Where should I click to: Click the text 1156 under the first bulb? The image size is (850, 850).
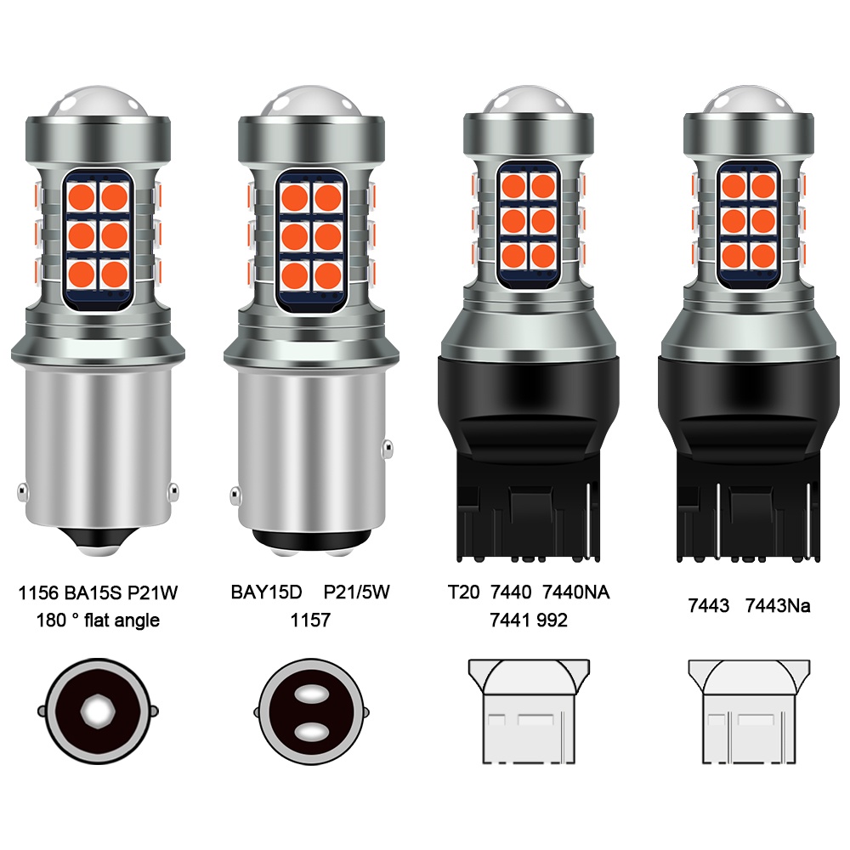(38, 593)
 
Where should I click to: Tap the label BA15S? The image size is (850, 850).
(93, 593)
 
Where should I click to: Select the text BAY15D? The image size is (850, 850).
(266, 592)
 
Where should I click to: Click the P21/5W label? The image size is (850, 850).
(356, 592)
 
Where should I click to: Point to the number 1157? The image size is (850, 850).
(310, 620)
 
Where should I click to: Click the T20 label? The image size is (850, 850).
(464, 592)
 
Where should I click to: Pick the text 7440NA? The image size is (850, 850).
(575, 592)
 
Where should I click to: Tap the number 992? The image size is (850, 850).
(552, 620)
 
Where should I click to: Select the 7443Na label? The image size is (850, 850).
(778, 605)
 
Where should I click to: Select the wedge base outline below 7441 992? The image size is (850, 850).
(529, 711)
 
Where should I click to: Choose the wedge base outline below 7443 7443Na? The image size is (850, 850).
(749, 711)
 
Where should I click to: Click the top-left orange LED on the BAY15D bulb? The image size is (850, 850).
(295, 196)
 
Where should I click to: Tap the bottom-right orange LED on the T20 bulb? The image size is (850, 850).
(542, 255)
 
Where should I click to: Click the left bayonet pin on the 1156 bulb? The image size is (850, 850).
(22, 491)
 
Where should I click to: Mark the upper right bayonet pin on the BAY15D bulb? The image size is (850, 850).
(387, 448)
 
